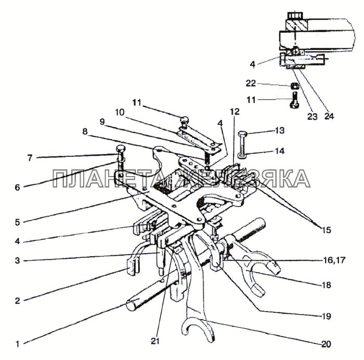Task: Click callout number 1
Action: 18,344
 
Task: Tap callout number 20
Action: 326,344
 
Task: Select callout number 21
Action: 155,341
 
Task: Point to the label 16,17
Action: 334,260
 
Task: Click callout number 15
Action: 326,230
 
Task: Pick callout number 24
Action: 329,116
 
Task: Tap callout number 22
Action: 251,83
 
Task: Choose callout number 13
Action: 280,130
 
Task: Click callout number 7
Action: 30,158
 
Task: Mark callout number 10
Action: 120,113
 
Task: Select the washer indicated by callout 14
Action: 242,154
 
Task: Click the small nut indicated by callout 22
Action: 294,86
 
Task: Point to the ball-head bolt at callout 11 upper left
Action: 184,121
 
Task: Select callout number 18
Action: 327,285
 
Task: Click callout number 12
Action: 235,112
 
